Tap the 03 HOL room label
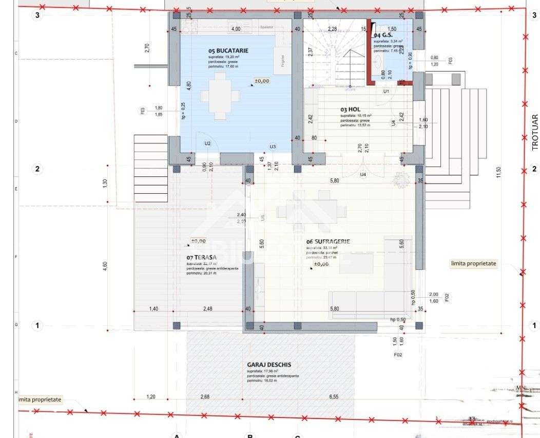click(351, 109)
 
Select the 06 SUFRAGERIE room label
click(328, 241)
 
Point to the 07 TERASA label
click(201, 257)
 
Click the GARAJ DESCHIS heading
click(269, 364)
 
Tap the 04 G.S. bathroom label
click(383, 35)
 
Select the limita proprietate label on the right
click(474, 263)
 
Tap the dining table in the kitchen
click(220, 95)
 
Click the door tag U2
click(207, 143)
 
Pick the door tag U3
click(273, 147)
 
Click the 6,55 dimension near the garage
click(334, 396)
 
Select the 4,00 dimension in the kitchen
click(236, 29)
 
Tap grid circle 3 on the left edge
click(37, 15)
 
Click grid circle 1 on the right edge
click(534, 325)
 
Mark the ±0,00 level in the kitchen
click(262, 81)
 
